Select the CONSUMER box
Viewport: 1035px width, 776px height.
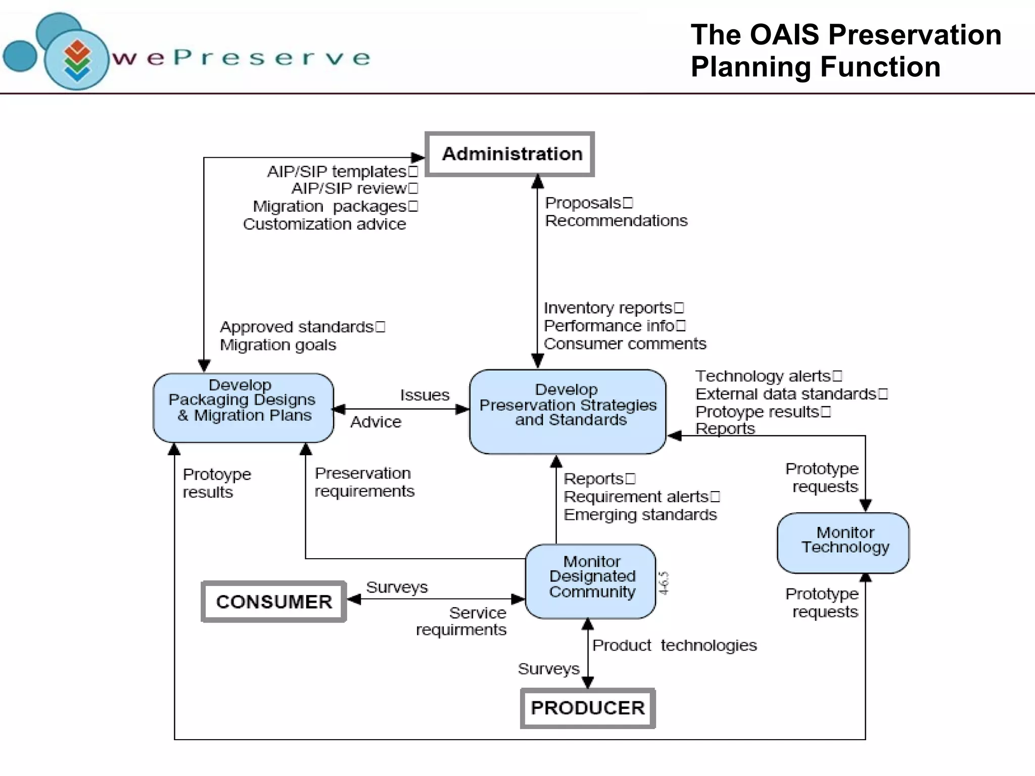tap(274, 602)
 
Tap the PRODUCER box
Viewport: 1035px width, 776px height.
tap(588, 708)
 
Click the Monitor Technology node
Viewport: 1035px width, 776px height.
tap(843, 543)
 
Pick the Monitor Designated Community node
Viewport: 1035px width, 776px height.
tap(591, 581)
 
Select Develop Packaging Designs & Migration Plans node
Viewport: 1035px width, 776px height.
tap(243, 408)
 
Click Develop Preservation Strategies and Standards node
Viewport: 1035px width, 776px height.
tap(567, 411)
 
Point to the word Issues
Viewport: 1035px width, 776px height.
tap(425, 395)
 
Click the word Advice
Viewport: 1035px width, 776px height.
tap(375, 422)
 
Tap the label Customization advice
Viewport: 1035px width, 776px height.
tap(324, 224)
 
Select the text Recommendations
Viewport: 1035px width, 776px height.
tap(616, 221)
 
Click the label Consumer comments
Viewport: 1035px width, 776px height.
tap(625, 344)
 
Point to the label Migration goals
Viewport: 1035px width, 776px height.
tap(277, 345)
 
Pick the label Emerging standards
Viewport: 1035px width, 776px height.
tap(640, 515)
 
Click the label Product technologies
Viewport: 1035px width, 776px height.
tap(674, 646)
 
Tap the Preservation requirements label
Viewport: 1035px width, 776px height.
tap(364, 482)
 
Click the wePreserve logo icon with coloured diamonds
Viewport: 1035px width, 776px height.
tap(77, 60)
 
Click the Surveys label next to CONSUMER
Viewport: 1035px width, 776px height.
tap(397, 588)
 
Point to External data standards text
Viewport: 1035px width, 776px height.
tap(785, 394)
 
